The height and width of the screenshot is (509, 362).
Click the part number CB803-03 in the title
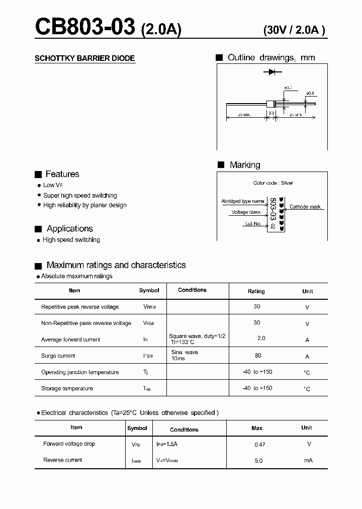pos(85,27)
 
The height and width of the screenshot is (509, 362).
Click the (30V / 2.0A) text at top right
pos(294,30)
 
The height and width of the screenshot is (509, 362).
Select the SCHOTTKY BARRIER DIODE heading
pos(84,58)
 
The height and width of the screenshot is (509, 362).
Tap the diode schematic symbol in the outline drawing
pos(272,72)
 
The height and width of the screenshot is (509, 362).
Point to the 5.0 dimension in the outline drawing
pos(271,114)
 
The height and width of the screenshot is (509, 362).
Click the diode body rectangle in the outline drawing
pos(271,104)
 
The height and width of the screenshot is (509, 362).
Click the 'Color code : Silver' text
pos(273,183)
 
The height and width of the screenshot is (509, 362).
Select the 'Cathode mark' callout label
pos(305,207)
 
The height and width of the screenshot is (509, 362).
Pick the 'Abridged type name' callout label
pos(242,201)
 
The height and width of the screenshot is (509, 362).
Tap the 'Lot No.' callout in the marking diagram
pos(253,223)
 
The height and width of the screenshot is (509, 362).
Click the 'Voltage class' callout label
pos(246,212)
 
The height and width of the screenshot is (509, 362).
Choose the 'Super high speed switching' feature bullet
pos(80,195)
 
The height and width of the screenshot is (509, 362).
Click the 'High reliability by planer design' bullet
pos(84,205)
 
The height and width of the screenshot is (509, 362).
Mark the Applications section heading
pos(69,228)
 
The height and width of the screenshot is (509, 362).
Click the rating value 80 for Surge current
pos(258,356)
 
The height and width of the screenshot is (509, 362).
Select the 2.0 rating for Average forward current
pos(261,338)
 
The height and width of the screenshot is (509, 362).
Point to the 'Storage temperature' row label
pos(67,388)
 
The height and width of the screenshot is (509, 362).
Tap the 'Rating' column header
pos(256,291)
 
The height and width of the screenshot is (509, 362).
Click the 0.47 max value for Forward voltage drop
pos(259,445)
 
